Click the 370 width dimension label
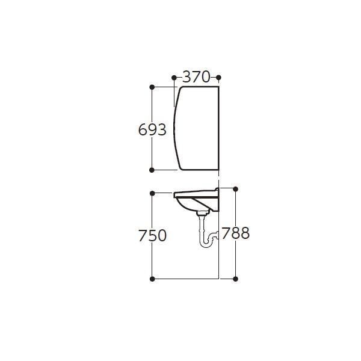[196, 77]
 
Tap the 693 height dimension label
[152, 129]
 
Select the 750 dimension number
[152, 235]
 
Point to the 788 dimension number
[235, 233]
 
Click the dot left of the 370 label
[174, 77]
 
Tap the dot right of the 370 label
[218, 77]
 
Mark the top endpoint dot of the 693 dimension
[152, 87]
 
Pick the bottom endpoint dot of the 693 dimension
[152, 170]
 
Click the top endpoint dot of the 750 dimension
[152, 193]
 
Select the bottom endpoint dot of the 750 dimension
[152, 279]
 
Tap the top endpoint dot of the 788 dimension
[235, 188]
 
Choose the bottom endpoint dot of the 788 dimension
[235, 279]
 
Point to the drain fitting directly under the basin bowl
[202, 212]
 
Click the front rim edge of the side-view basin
[175, 194]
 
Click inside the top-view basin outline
[197, 128]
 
